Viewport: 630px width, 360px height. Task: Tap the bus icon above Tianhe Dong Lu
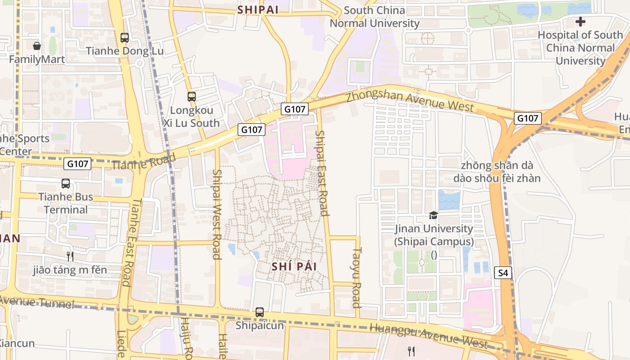[x=125, y=38]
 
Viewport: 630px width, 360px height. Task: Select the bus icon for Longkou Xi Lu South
[x=192, y=96]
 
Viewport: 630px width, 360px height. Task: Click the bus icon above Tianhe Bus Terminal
[x=66, y=184]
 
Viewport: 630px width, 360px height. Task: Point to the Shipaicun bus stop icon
[x=260, y=312]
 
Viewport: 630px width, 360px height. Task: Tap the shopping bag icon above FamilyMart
[x=37, y=46]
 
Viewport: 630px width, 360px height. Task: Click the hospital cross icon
[x=580, y=21]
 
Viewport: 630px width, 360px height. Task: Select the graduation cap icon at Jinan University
[x=433, y=216]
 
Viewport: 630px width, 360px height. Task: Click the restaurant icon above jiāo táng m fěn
[x=70, y=256]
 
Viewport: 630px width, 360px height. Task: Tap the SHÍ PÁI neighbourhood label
[x=294, y=266]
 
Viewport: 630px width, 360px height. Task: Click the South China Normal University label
[x=374, y=17]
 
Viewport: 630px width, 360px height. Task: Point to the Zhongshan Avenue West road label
[x=409, y=100]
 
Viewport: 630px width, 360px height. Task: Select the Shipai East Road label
[x=322, y=173]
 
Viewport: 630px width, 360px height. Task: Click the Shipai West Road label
[x=217, y=214]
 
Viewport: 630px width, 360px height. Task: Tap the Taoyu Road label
[x=357, y=277]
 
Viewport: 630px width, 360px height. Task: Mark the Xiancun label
[x=16, y=343]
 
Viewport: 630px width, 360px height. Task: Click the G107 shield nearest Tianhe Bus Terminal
[x=77, y=164]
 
